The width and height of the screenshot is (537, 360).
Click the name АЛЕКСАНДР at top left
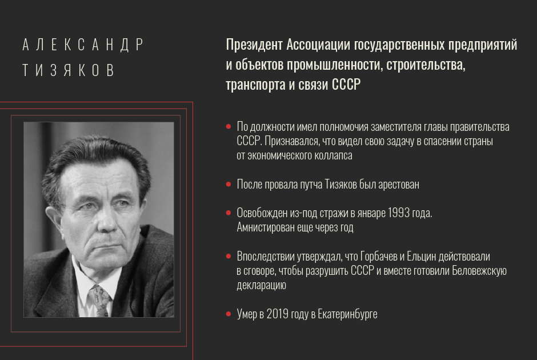[x=83, y=45]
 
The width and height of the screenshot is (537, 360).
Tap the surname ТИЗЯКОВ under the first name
[x=69, y=70]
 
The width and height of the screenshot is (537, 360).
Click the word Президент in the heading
[x=254, y=45]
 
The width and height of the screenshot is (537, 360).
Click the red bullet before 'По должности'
[x=229, y=127]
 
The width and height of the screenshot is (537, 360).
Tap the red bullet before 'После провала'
[x=229, y=184]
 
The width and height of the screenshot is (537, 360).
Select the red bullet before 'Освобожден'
[x=229, y=213]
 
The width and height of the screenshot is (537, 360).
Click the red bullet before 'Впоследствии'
[x=229, y=256]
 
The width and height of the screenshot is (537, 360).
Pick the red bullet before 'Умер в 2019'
[x=229, y=314]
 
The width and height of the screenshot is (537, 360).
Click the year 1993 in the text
[x=399, y=213]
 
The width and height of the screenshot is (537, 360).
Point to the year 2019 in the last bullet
[x=278, y=314]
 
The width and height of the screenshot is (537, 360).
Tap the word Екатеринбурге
[x=347, y=314]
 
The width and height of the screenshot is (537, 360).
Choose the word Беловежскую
[x=479, y=271]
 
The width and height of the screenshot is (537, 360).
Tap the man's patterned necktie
[x=99, y=301]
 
